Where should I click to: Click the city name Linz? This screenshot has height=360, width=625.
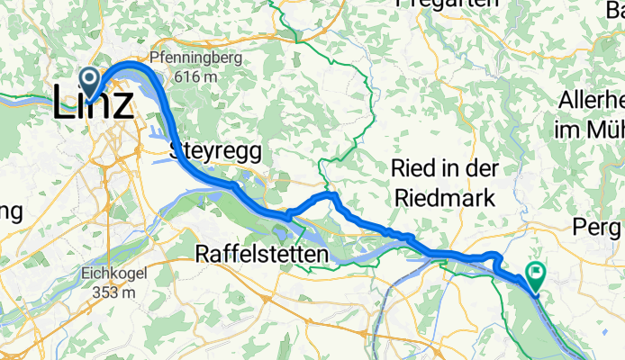point(94,102)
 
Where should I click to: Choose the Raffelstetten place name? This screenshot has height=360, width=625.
point(261,256)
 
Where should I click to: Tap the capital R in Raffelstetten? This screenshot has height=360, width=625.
point(202,256)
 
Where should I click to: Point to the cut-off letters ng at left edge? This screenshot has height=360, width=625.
point(11,214)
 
